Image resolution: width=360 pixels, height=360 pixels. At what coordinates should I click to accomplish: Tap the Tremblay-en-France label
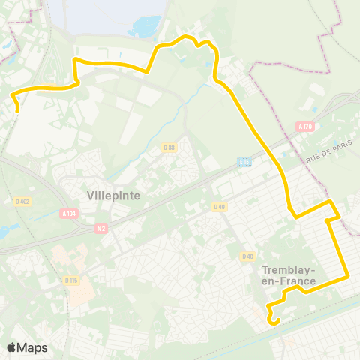pos(289,275)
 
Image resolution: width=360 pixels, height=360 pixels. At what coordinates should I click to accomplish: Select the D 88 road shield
pos(169,148)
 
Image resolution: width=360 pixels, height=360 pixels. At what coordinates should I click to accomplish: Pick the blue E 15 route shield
pos(244,161)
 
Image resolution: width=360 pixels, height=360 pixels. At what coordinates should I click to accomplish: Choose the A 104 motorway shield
pos(69,214)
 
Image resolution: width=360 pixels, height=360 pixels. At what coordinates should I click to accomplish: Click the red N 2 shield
pos(101,227)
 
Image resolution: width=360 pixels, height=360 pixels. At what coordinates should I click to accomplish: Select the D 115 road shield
pos(71,280)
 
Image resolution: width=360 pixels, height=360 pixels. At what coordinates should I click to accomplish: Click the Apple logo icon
pos(11,347)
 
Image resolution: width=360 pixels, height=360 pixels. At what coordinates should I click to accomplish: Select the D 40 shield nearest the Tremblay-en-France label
pos(247,256)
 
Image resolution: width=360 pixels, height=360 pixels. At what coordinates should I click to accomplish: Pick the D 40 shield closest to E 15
pos(219,207)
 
